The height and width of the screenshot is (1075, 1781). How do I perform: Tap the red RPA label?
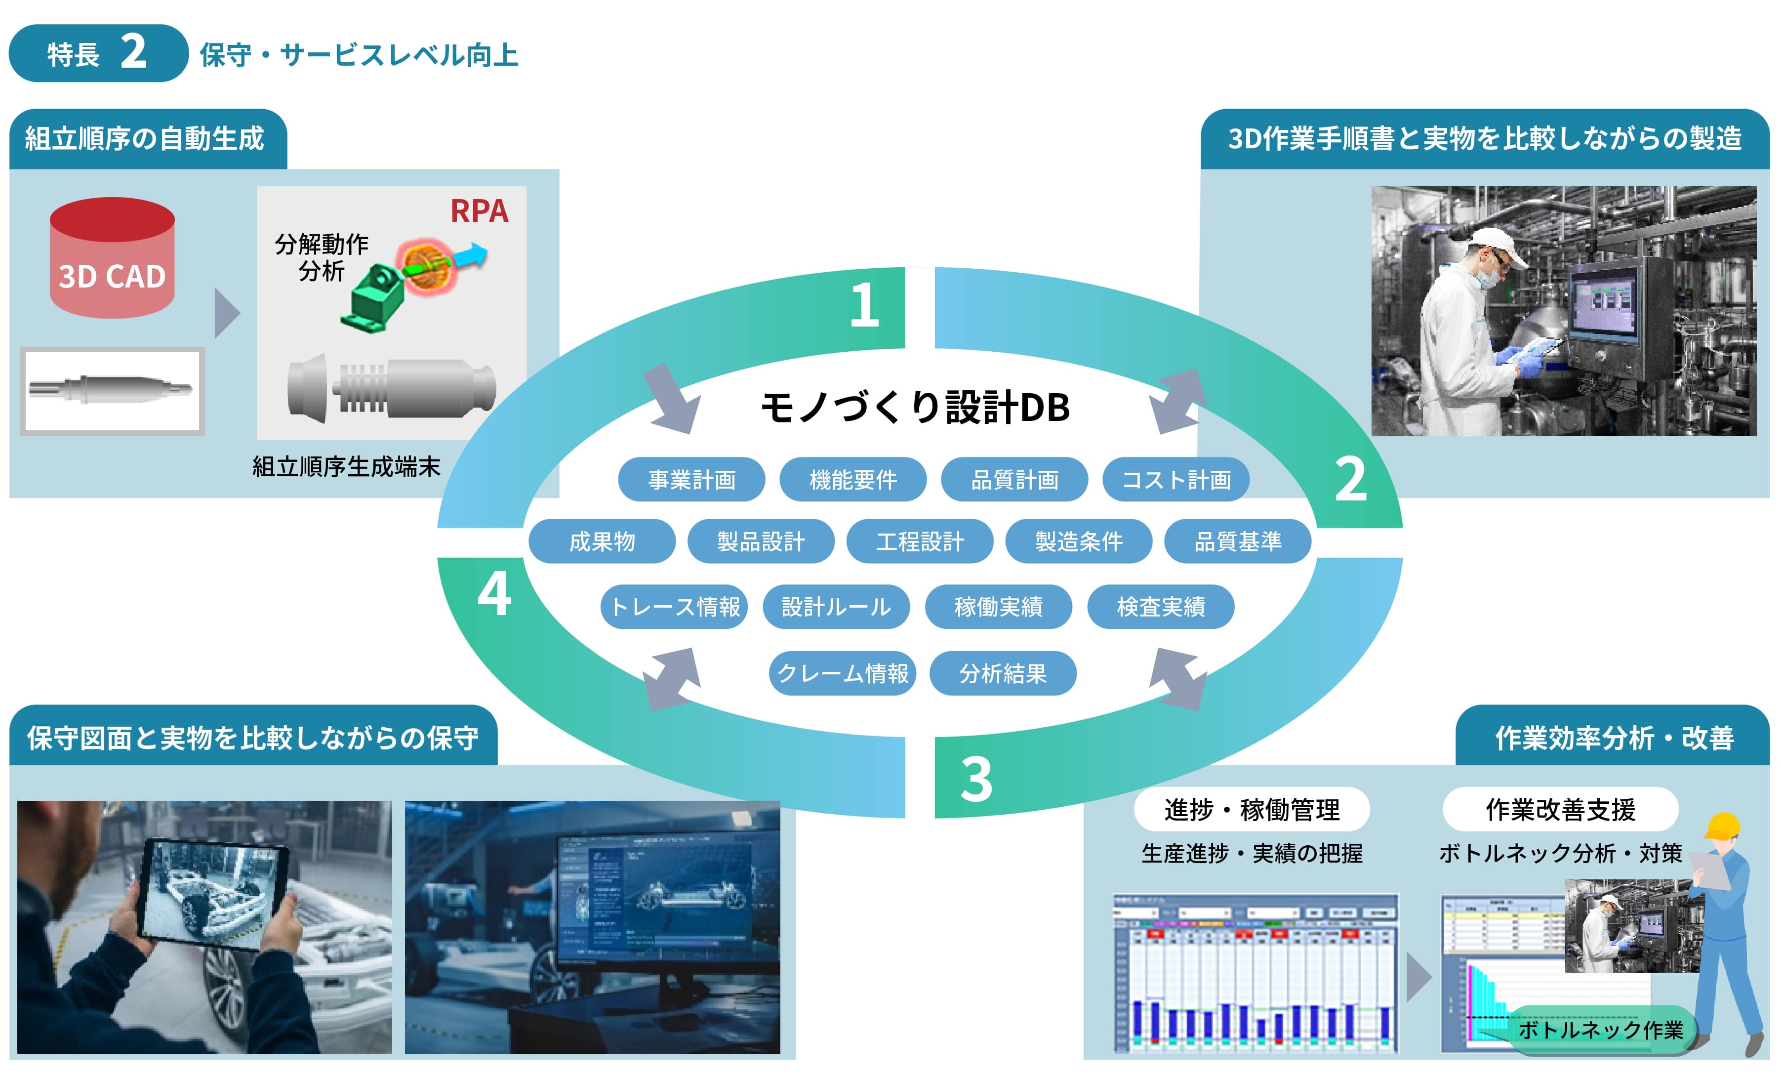479,211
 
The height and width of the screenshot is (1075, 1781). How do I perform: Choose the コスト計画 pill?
1175,479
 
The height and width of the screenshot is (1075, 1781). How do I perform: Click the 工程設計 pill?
920,541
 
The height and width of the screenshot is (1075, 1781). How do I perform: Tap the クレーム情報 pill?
842,673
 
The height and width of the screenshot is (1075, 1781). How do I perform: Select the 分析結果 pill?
1003,673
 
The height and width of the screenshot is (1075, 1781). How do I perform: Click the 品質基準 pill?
1237,541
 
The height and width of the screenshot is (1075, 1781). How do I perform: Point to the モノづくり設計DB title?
914,407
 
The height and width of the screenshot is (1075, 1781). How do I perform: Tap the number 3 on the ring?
976,779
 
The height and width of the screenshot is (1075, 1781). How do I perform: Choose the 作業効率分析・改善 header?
1613,738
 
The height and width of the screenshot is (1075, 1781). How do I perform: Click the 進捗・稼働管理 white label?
1251,809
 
